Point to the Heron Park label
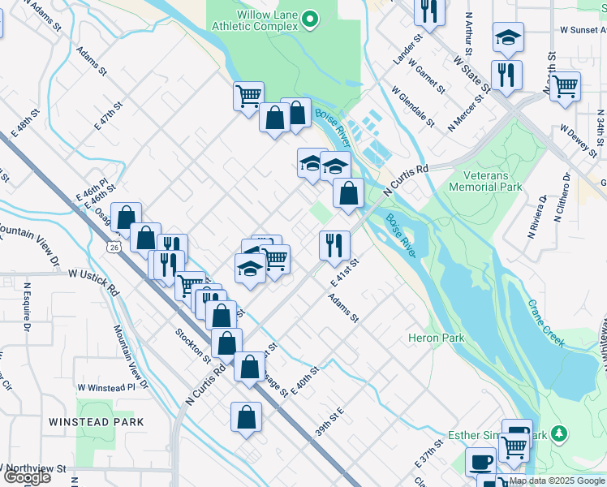(436, 338)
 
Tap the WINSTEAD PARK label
(96, 422)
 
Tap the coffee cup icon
(480, 462)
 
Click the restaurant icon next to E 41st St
(334, 244)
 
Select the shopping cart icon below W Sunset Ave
(565, 84)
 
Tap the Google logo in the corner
(27, 477)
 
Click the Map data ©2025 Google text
(557, 481)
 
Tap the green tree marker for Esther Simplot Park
(557, 436)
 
